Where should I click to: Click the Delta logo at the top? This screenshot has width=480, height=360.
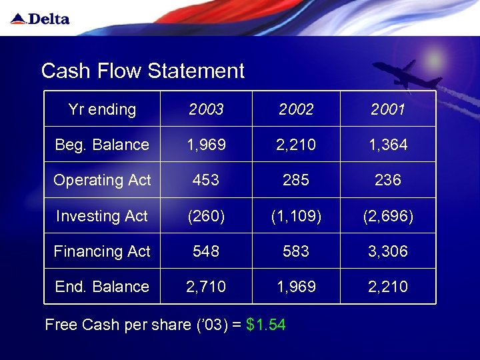[41, 19]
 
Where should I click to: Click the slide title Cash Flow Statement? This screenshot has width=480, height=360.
[143, 71]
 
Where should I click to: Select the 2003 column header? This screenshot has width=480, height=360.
[206, 109]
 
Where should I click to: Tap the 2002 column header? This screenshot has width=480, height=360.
[296, 109]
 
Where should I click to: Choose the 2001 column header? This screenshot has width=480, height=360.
[388, 109]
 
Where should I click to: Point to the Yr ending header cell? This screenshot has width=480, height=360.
[102, 109]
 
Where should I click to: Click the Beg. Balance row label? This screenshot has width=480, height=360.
[102, 145]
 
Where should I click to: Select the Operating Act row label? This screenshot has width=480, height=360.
[102, 180]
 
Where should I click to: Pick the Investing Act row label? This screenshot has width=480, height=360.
[102, 216]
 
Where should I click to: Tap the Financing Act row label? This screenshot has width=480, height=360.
[102, 251]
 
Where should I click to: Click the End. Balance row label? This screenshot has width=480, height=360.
[102, 287]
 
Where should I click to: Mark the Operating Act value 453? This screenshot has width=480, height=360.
[206, 180]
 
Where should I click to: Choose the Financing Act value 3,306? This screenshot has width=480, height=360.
[388, 251]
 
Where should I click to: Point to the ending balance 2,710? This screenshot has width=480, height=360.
[206, 287]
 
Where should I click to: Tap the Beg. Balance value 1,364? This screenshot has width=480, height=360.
[388, 145]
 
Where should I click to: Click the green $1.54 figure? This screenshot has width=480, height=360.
[266, 325]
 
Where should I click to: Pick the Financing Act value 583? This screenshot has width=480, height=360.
[296, 251]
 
